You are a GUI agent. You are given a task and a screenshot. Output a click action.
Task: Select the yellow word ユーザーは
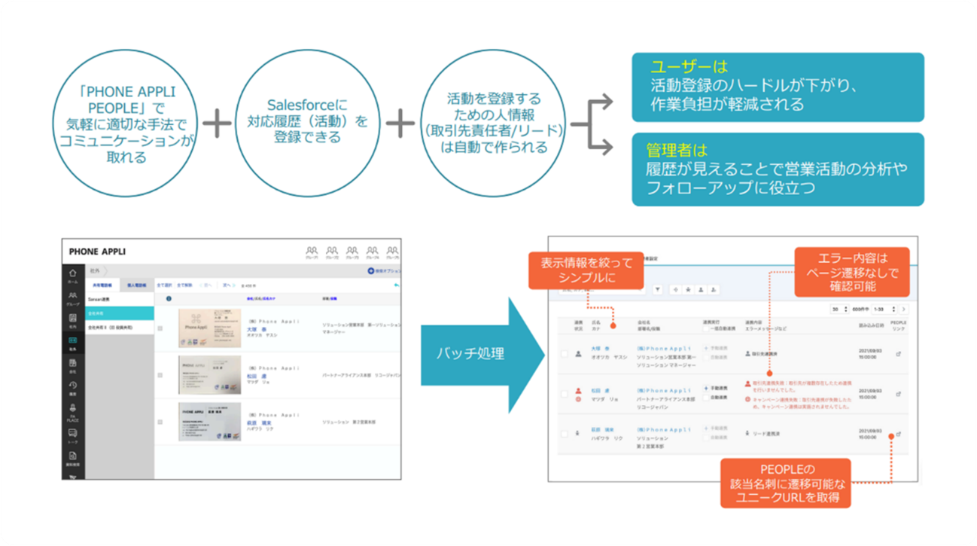(680, 67)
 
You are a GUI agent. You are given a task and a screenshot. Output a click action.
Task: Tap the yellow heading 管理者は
(677, 150)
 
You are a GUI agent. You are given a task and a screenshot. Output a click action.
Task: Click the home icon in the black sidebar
(73, 275)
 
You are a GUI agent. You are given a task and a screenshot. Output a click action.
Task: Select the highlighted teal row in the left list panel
(120, 312)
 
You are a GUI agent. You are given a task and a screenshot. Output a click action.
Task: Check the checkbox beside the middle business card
(160, 375)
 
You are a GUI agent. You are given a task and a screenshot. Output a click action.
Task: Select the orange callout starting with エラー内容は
(851, 271)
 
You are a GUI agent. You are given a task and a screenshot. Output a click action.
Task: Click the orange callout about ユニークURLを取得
(785, 482)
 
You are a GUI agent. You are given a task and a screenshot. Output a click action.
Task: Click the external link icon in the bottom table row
(899, 434)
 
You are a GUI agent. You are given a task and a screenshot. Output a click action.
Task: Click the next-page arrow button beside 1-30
(904, 309)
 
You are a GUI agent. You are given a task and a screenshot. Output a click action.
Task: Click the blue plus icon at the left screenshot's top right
(371, 270)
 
